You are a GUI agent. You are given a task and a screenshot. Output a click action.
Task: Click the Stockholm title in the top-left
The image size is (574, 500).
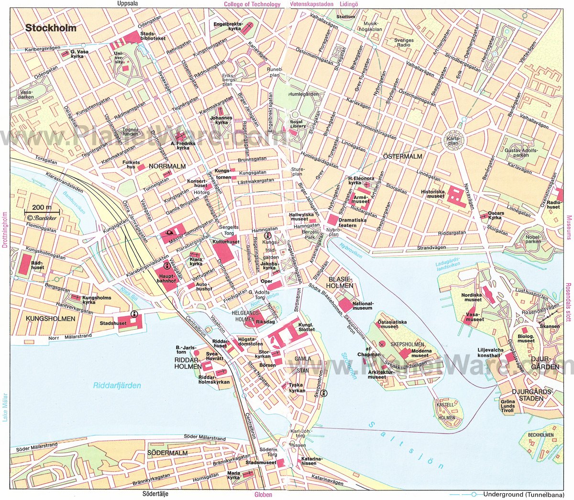51,28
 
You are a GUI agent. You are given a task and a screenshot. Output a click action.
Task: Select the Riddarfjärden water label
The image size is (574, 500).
117,385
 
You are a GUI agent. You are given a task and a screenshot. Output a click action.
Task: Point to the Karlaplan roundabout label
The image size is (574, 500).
452,141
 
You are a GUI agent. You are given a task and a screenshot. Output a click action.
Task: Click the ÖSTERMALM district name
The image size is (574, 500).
403,156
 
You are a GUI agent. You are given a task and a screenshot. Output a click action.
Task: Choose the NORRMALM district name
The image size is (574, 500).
167,166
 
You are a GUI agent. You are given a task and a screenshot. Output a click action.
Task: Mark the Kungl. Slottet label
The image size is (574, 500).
307,327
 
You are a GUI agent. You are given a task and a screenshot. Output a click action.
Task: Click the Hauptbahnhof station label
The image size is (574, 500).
167,278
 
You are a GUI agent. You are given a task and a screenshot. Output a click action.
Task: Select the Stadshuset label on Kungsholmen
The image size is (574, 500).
113,323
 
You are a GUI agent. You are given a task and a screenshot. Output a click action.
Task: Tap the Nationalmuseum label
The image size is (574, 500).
363,305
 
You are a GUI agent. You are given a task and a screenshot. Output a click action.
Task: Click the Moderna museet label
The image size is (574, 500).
421,353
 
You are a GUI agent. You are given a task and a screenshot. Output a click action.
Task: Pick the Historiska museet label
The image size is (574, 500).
432,194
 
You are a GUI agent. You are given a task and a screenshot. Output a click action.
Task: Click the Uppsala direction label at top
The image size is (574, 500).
127,4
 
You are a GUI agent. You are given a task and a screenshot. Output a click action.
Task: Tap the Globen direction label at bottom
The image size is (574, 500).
263,494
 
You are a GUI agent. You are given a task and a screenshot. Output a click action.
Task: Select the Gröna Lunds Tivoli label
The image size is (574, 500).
508,406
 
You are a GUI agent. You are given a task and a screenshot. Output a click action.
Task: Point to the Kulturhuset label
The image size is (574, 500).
226,242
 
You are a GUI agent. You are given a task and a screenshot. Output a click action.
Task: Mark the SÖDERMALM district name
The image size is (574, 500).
167,452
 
